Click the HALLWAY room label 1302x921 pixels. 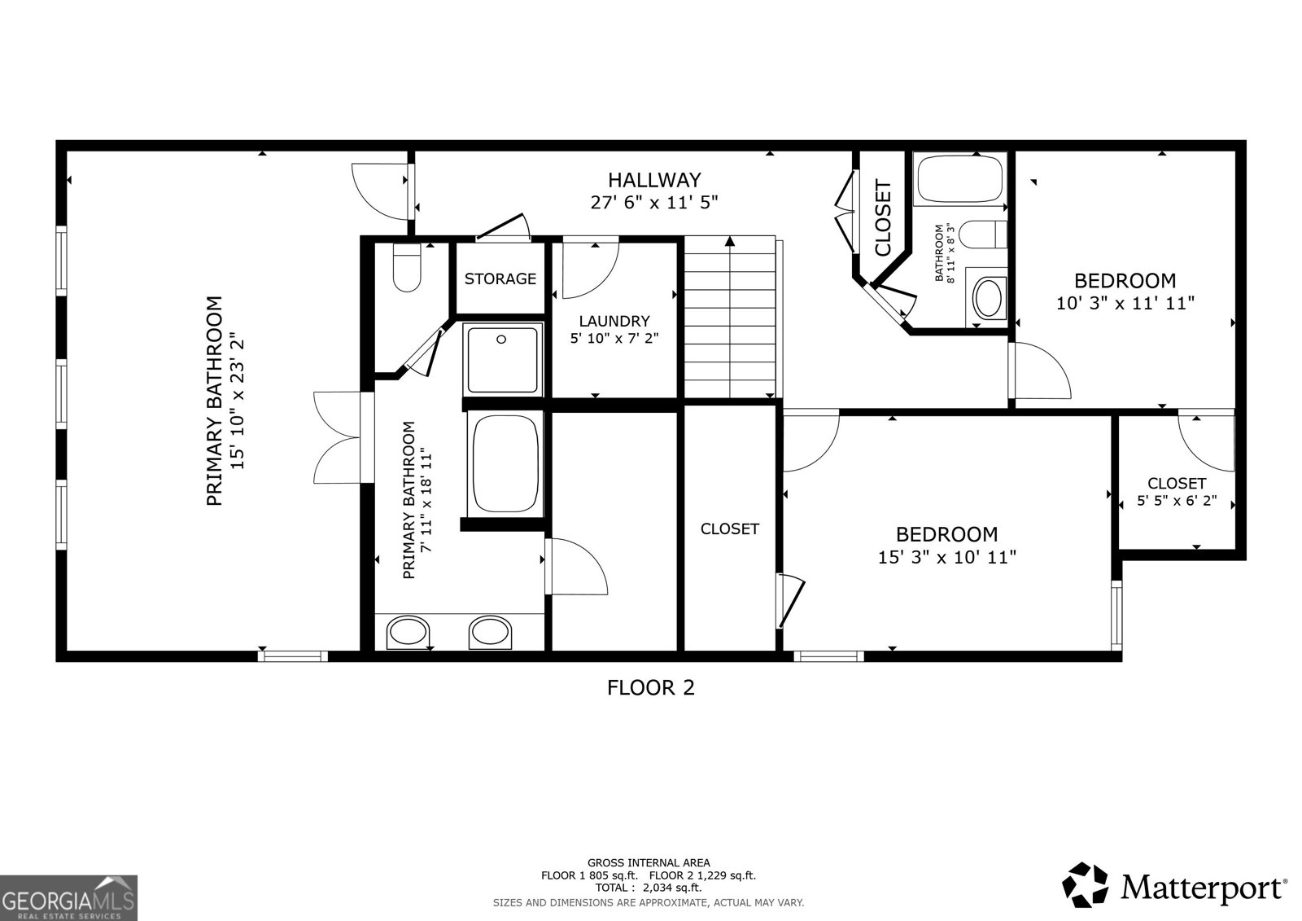point(654,179)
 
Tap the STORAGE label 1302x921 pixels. point(500,278)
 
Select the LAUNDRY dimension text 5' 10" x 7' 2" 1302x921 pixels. point(614,337)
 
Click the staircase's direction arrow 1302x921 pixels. point(730,242)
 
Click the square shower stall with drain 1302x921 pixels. point(502,357)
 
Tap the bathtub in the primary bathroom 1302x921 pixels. point(505,463)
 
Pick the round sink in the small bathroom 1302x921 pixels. point(989,299)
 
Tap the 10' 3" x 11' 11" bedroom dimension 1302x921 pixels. point(1125,304)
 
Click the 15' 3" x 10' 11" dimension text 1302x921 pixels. point(946,558)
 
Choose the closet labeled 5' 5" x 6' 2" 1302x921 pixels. point(1177,492)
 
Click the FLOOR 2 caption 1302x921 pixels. point(651,688)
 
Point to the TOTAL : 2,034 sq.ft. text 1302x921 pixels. point(649,888)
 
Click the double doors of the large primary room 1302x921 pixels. point(337,438)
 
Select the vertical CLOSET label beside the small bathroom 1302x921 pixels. point(883,218)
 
